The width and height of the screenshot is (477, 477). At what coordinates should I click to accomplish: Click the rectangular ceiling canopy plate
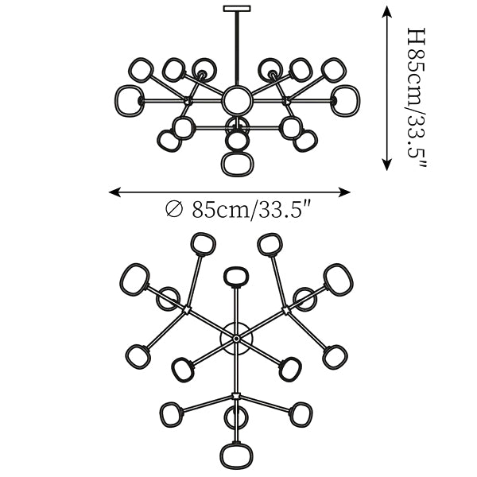pyautogui.click(x=236, y=10)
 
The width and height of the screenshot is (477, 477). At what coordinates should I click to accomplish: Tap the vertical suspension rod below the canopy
pyautogui.click(x=236, y=48)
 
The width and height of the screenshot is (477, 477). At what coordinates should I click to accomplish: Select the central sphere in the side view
pyautogui.click(x=236, y=100)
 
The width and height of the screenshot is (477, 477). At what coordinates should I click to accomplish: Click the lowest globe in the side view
pyautogui.click(x=236, y=164)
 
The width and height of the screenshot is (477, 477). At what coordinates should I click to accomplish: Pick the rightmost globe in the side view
pyautogui.click(x=346, y=99)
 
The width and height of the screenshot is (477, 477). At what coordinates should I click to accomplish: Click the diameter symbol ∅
pyautogui.click(x=174, y=211)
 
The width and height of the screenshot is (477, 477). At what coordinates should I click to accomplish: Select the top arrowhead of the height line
pyautogui.click(x=387, y=10)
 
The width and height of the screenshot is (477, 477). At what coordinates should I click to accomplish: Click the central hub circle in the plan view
pyautogui.click(x=236, y=339)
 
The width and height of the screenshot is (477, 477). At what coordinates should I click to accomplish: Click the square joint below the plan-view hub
pyautogui.click(x=236, y=394)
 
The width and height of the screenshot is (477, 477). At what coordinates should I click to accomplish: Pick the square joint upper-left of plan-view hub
pyautogui.click(x=188, y=309)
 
